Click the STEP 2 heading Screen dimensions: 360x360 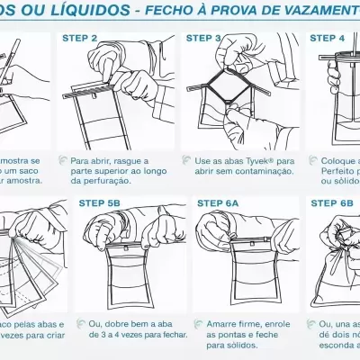coord(78,39)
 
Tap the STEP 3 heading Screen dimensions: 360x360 coord(203,39)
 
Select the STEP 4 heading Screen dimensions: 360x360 coord(328,39)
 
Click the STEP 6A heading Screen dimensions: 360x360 coord(218,203)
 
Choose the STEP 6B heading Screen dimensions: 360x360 coord(332,203)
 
